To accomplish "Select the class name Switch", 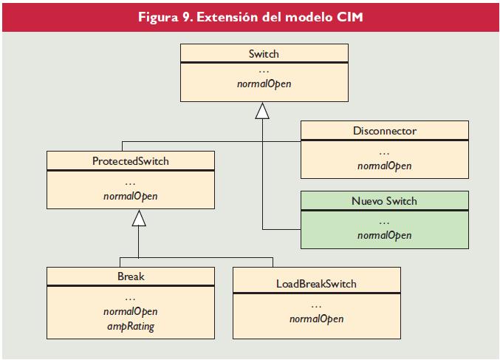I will [264, 54].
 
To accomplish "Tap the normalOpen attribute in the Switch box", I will [264, 84].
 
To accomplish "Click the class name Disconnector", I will [384, 131].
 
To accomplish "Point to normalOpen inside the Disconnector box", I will [384, 166].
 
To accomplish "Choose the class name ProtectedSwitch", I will [130, 161].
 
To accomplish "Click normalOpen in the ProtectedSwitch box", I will [130, 197].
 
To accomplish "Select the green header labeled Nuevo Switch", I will [384, 200].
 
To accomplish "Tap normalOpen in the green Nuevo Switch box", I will [384, 236].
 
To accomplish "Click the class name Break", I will [130, 276].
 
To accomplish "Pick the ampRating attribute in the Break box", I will [130, 326].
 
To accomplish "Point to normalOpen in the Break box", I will [130, 312].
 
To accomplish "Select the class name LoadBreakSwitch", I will [316, 284].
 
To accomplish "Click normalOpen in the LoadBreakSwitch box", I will [316, 319].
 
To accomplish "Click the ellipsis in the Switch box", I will [264, 71].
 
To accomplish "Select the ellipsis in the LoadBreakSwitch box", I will [316, 305].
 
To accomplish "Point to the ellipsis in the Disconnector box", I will [384, 152].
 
